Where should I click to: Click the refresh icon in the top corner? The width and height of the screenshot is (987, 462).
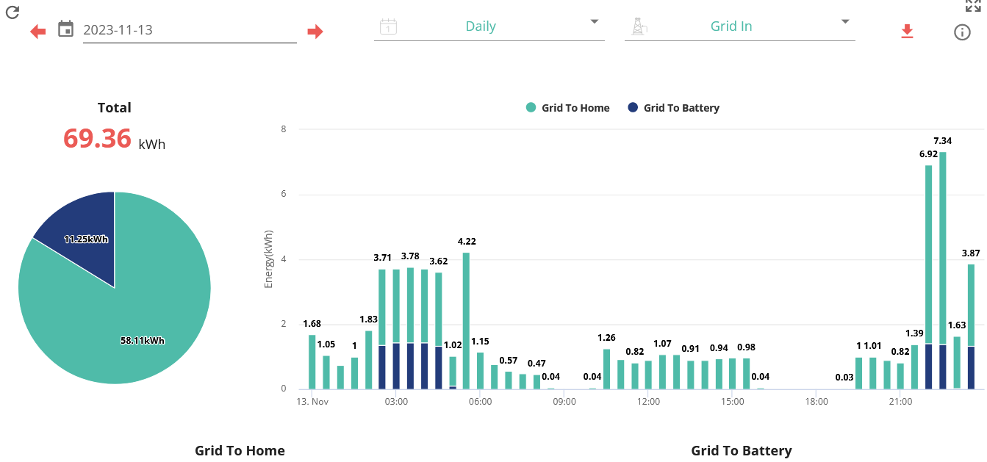point(12,12)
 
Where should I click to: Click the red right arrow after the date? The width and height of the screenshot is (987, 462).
point(315,32)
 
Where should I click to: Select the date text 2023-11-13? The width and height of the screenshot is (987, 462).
point(118,30)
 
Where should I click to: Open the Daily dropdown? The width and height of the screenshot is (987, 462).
point(489,26)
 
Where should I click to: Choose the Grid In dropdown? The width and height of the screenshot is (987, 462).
point(740,26)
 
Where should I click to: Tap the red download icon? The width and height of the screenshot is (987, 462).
point(907,32)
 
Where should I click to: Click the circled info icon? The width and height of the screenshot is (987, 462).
point(962,32)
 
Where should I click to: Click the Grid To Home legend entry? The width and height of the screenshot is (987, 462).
point(567,108)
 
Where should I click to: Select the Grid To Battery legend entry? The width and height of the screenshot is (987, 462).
point(673,108)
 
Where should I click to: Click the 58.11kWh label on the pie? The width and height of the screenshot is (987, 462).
point(143,341)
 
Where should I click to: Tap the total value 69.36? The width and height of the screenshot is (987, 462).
point(97,138)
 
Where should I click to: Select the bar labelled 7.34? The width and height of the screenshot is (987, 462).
point(942,270)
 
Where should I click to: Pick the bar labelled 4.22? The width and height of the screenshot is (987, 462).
point(466,321)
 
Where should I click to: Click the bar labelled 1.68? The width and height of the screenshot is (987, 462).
point(312,362)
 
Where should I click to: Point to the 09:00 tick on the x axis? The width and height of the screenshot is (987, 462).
point(564,402)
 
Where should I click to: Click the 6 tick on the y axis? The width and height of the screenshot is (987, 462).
point(284,194)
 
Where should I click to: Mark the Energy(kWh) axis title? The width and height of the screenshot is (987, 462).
point(268,259)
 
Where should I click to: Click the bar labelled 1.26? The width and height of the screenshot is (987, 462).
point(606,369)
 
